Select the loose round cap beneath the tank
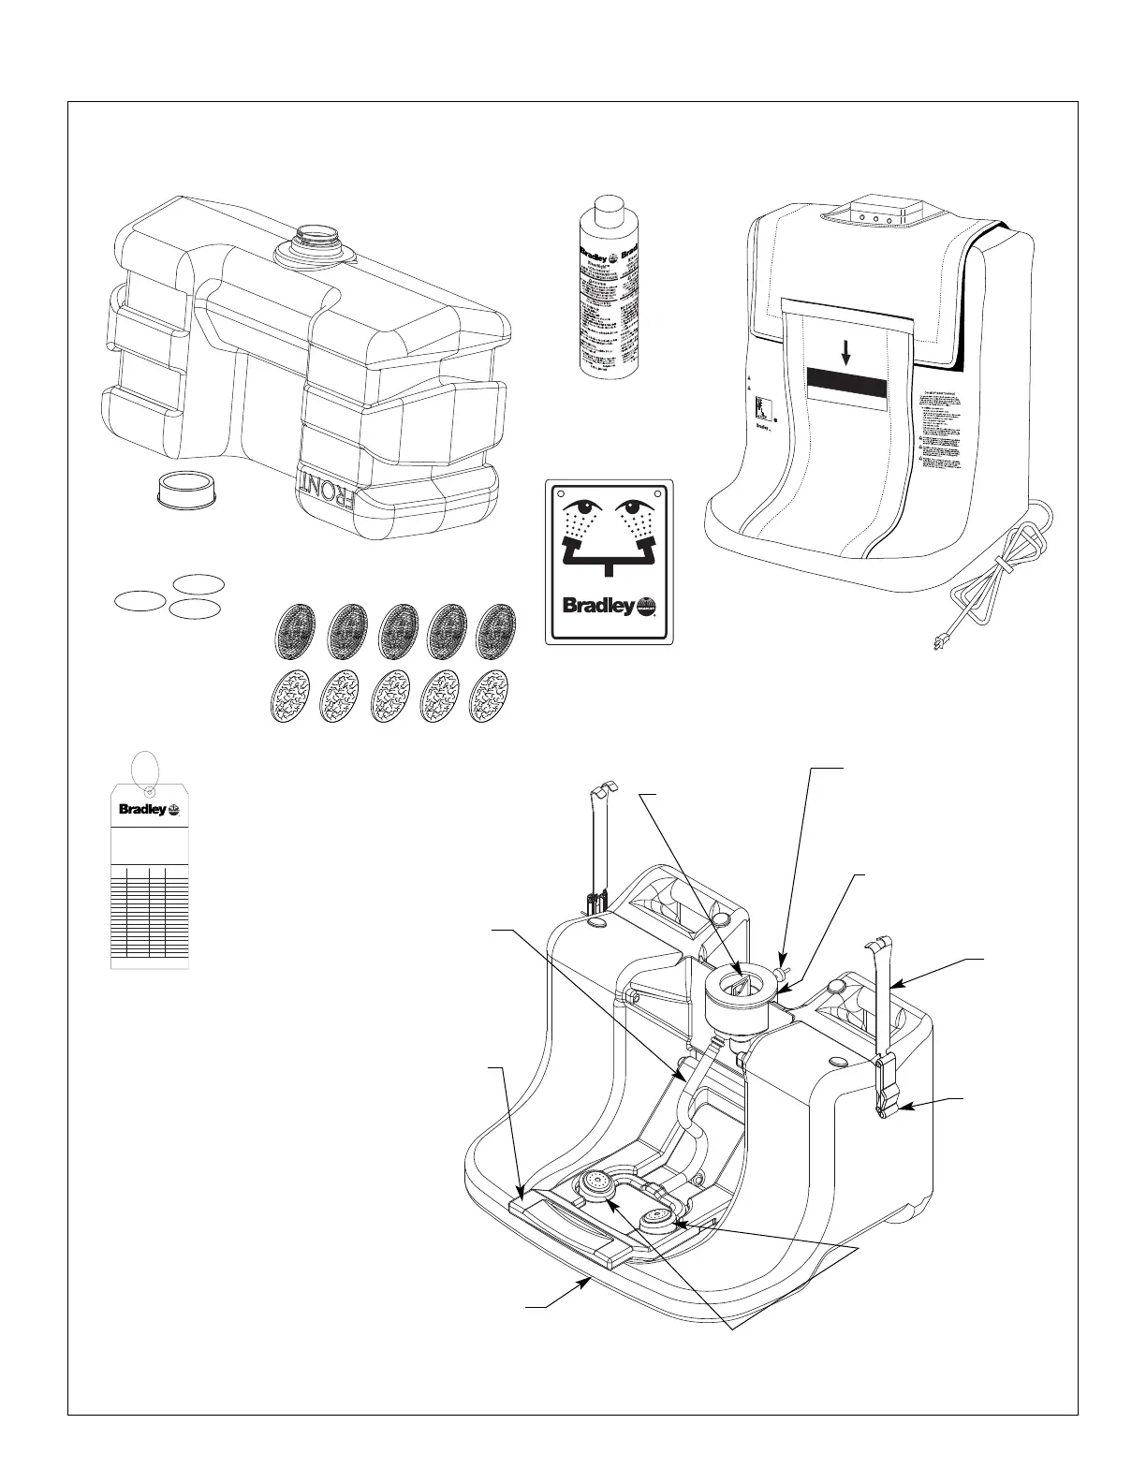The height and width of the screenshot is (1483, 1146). click(179, 487)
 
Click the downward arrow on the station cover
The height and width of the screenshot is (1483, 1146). click(845, 353)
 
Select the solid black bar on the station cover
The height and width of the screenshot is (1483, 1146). click(845, 383)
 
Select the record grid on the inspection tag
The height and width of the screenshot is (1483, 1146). click(149, 913)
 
